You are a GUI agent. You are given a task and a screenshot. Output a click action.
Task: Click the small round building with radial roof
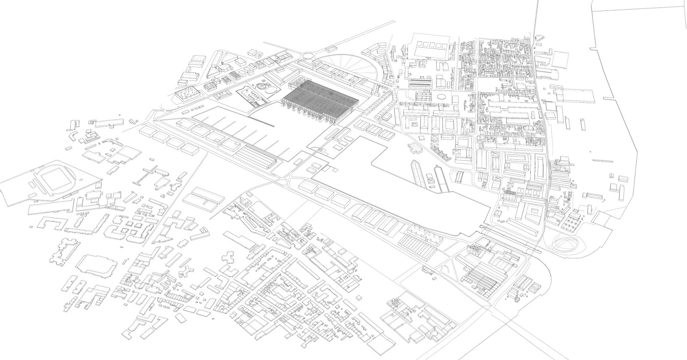tap(261, 86)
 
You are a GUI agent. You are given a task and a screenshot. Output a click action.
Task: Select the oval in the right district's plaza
tap(441, 98)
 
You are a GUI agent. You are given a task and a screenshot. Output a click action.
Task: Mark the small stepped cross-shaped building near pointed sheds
tap(415, 148)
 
